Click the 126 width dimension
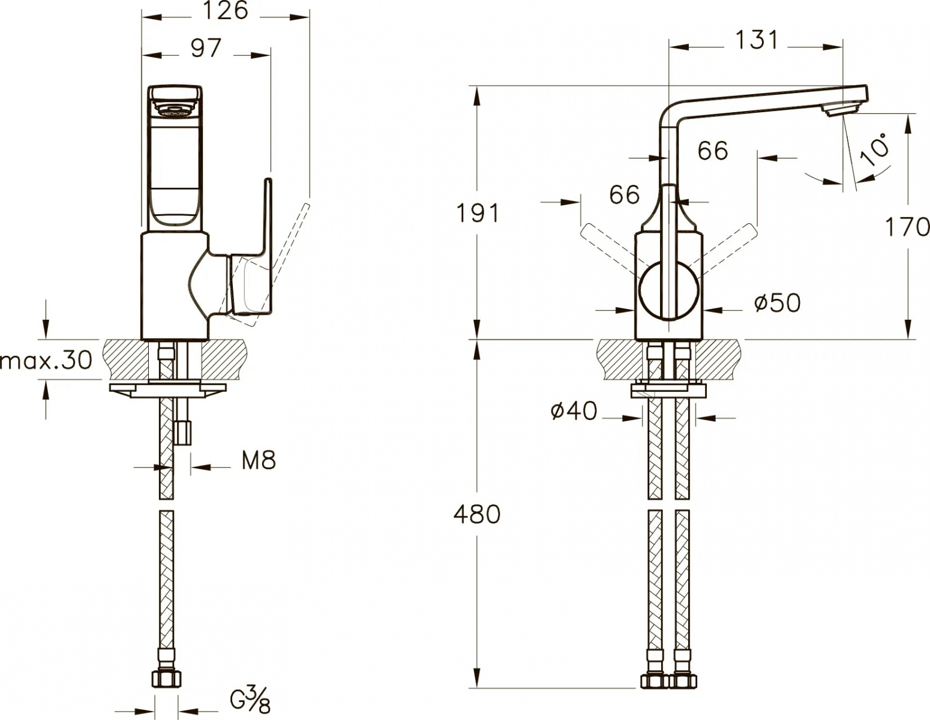225,11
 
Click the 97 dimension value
206,48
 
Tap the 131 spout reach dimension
756,40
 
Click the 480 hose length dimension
477,515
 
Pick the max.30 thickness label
46,360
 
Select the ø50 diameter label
777,304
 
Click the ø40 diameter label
574,412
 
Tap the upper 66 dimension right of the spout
713,151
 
